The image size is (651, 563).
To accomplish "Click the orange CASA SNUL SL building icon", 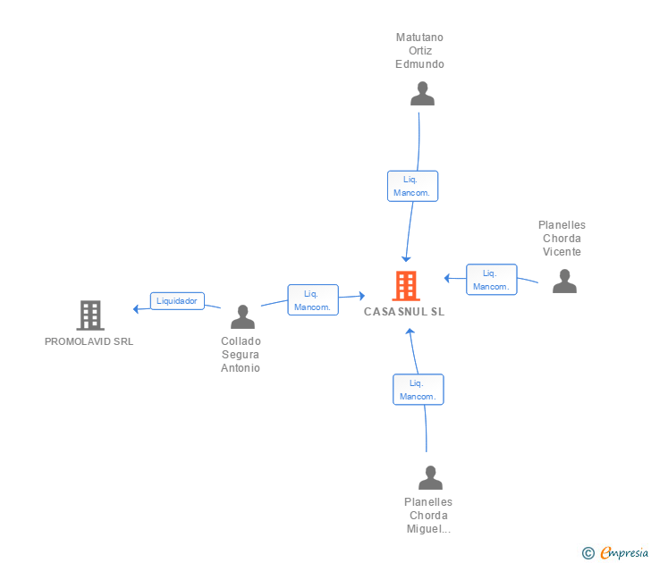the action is [406, 286].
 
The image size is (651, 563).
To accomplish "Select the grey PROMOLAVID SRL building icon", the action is [90, 315].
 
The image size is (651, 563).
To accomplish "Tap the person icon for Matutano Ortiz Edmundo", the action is [422, 93].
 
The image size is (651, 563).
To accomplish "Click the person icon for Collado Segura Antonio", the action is [243, 316].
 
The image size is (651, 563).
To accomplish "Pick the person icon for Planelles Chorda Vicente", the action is [564, 281].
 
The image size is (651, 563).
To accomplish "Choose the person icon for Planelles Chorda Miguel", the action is [430, 477].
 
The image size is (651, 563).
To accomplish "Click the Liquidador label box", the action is [177, 301].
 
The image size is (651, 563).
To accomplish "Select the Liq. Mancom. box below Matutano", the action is [412, 186].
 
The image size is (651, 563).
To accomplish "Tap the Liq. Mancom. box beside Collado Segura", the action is [313, 300].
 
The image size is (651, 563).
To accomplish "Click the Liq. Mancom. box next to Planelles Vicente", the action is [492, 280].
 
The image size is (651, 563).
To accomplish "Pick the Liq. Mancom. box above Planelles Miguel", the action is [418, 390].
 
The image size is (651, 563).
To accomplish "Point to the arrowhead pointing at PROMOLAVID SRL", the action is [136, 309].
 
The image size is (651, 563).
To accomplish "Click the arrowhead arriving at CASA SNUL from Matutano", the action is [406, 259].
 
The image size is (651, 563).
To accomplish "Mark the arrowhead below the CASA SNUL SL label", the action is [410, 331].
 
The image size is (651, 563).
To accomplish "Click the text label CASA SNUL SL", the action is [404, 312].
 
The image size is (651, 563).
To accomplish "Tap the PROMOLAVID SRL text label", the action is [89, 341].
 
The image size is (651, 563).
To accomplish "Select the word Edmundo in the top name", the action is [419, 64].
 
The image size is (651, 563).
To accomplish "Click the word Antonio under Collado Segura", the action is [241, 368].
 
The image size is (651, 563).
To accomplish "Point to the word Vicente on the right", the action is [562, 252].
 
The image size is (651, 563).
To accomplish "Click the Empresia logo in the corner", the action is [615, 553].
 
